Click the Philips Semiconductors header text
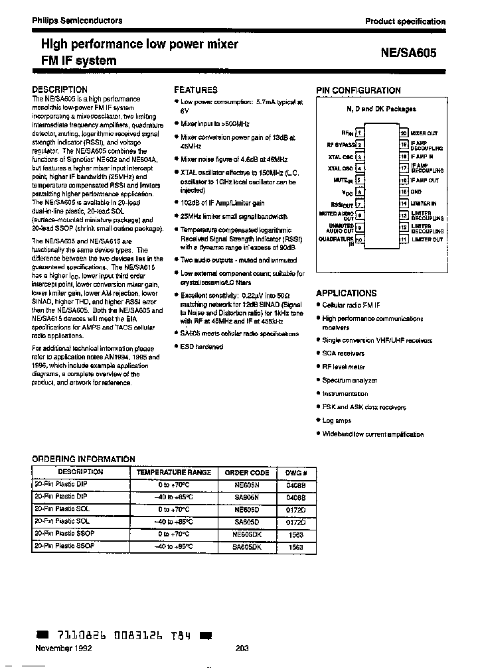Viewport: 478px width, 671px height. pos(78,21)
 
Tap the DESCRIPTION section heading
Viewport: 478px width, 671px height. pos(60,90)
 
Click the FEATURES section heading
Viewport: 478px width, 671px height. pos(196,90)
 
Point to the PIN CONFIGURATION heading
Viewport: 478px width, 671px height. pos(358,90)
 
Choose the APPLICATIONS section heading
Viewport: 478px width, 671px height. pos(347,292)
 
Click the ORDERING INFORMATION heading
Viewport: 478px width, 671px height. pos(84,459)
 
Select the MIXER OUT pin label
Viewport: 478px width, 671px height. pos(424,133)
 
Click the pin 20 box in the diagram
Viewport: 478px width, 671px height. pos(403,133)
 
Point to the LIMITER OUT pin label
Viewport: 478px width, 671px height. pos(426,239)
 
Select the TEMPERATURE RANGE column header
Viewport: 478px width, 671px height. pos(173,472)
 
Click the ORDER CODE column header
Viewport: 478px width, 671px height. pos(247,472)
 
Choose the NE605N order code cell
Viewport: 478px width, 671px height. pos(247,484)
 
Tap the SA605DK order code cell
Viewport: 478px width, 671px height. pos(247,547)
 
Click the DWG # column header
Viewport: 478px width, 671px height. pos(296,472)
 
